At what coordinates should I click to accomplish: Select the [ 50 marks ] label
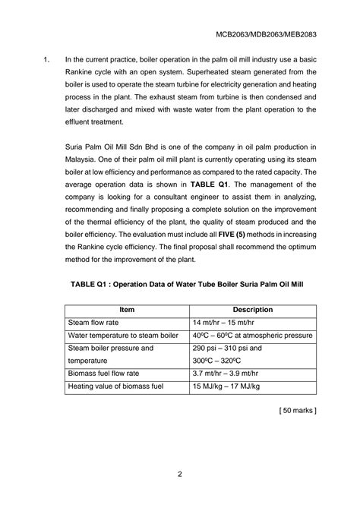[x=298, y=411]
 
